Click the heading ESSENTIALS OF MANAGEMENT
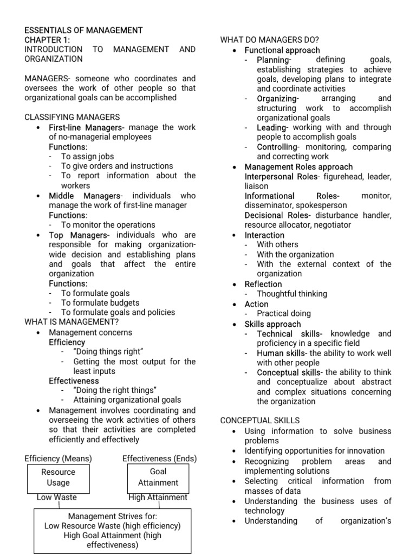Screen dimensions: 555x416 83,30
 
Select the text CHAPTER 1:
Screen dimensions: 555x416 47,40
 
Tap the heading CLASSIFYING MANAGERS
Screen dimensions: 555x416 73,117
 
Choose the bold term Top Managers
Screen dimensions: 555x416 79,235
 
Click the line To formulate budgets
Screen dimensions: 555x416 100,303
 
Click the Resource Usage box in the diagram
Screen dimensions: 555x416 58,477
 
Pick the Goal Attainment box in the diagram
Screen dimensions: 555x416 158,477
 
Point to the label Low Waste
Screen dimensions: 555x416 57,497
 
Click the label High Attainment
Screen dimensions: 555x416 158,497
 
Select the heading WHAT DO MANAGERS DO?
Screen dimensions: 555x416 270,40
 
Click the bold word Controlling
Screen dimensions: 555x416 277,147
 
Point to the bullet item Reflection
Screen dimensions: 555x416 263,284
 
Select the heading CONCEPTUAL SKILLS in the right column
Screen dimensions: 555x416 260,421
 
